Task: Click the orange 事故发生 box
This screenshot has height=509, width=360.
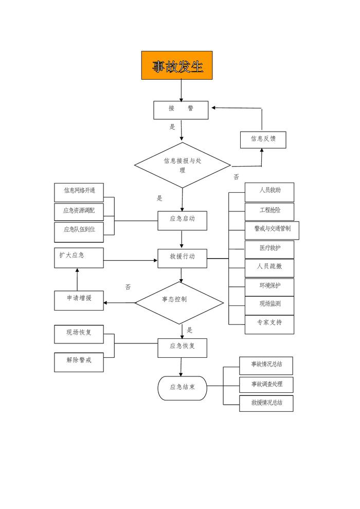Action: [x=177, y=65]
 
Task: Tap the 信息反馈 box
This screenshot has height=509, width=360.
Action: [x=263, y=139]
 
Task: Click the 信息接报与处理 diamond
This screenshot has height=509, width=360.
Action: [x=183, y=165]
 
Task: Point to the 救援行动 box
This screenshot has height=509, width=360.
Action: [x=183, y=258]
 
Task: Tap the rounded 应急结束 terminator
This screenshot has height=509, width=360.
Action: [x=183, y=388]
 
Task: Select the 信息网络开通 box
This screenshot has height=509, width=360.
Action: [x=79, y=191]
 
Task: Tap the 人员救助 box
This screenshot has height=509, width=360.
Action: [x=269, y=192]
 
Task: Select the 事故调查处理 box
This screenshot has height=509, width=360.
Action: [x=266, y=385]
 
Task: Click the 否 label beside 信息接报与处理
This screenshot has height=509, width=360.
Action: [x=236, y=177]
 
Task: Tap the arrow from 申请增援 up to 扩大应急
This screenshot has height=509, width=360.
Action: [x=77, y=280]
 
